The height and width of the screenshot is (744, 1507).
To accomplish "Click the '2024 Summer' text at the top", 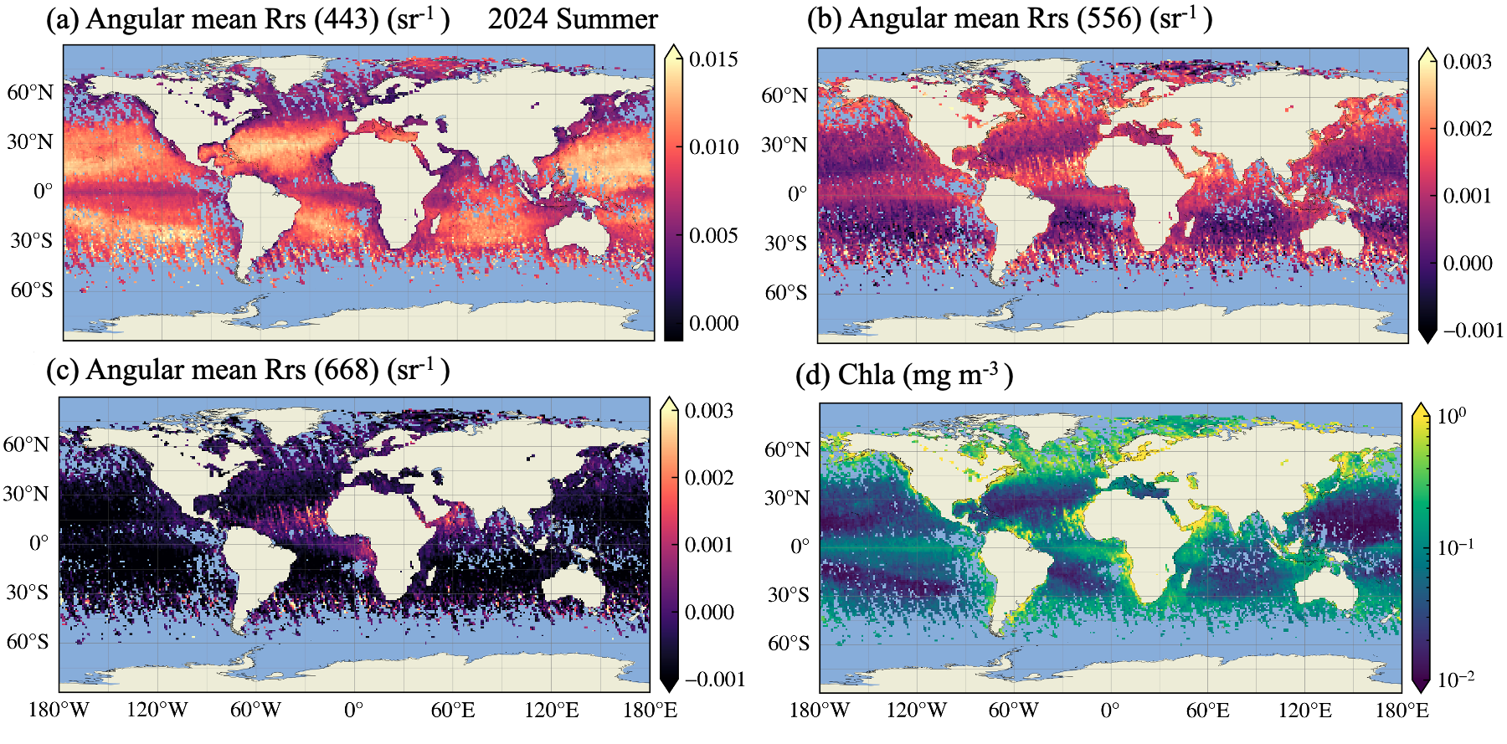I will [x=573, y=19].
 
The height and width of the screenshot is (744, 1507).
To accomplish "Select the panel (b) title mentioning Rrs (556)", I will [x=1010, y=19].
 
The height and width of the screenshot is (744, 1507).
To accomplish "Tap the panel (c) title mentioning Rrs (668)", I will [x=248, y=370].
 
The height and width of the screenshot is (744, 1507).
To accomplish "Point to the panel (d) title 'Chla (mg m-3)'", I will [x=904, y=375].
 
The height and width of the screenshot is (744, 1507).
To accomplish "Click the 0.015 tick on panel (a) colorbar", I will [x=713, y=59].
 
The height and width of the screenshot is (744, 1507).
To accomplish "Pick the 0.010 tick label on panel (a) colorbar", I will [x=713, y=147].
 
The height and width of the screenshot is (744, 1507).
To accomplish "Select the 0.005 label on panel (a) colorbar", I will [x=713, y=236].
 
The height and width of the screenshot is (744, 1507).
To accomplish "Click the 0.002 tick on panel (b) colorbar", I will [x=1467, y=129].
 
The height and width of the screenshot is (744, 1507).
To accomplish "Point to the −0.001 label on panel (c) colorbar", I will [x=714, y=680].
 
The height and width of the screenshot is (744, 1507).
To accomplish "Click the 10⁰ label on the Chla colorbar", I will [x=1452, y=416].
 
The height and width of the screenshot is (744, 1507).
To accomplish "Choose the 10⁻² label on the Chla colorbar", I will [x=1455, y=680].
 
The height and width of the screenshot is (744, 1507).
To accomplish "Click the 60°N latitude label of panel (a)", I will [x=30, y=93].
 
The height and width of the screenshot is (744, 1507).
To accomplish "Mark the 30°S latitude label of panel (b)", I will [x=785, y=244].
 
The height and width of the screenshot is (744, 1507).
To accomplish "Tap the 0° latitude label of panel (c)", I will [x=39, y=543].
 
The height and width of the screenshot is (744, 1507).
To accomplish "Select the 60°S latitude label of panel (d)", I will [x=789, y=644].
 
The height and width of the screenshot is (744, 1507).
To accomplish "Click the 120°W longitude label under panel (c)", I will [x=157, y=711].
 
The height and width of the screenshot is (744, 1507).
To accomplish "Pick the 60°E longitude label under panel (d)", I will [x=1207, y=711].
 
